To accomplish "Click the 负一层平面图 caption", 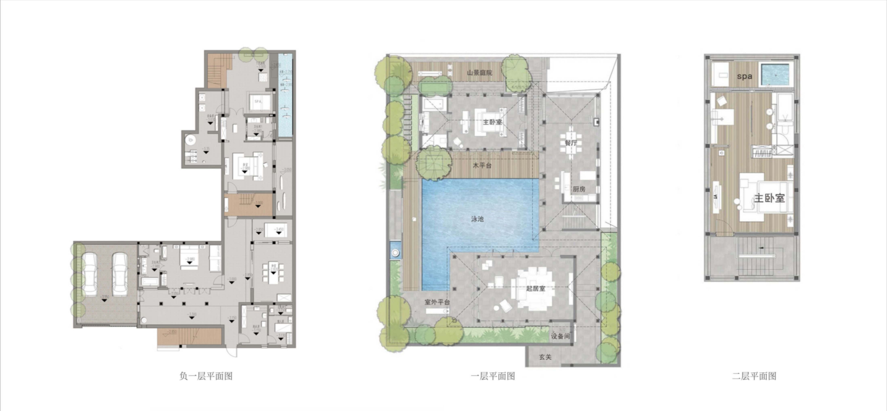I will tap(206, 376).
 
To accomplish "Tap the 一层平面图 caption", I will tap(493, 376).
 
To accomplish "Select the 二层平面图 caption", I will tap(754, 376).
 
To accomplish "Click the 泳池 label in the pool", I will tap(477, 219).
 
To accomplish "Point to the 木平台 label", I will tap(482, 165).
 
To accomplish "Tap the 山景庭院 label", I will tap(479, 73).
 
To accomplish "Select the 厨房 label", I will tap(579, 189).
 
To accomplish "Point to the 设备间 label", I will tap(560, 336).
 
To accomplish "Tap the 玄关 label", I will tap(545, 357).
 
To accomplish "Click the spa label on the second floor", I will tap(744, 76).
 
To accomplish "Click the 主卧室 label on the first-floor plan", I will tap(492, 122).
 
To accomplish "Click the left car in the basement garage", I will tap(90, 274).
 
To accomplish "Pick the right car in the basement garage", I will tap(120, 274).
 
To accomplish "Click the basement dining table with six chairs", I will tap(273, 273).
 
